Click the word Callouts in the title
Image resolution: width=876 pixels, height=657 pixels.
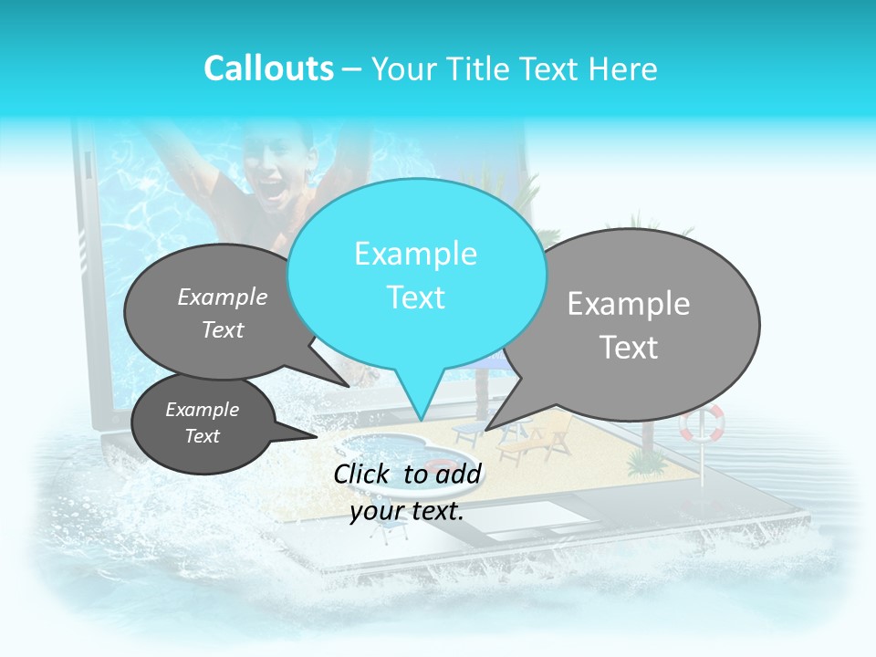tap(268, 68)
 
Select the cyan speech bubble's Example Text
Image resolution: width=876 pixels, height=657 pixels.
tap(416, 275)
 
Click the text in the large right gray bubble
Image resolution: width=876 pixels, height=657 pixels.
tap(629, 325)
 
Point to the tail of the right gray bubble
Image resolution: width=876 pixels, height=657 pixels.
tap(498, 420)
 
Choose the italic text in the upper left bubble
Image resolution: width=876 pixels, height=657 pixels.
tap(223, 312)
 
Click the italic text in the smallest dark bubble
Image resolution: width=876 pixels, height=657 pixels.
tap(203, 422)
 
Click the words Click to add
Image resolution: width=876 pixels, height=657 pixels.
tap(407, 474)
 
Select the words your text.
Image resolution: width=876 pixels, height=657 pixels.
tap(407, 511)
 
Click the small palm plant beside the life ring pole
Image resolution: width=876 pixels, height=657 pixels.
tap(649, 462)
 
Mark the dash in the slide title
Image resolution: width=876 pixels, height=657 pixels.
tap(352, 68)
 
